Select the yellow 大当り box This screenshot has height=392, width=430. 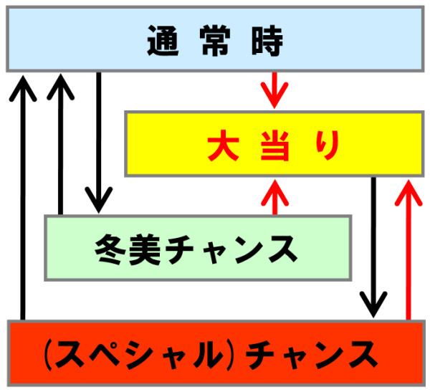[x=273, y=143]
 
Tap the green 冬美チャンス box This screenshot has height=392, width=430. [x=197, y=247]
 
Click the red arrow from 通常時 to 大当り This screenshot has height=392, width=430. [x=274, y=90]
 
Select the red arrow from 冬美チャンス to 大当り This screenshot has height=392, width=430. [x=274, y=196]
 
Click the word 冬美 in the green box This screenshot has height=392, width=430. [x=127, y=249]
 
